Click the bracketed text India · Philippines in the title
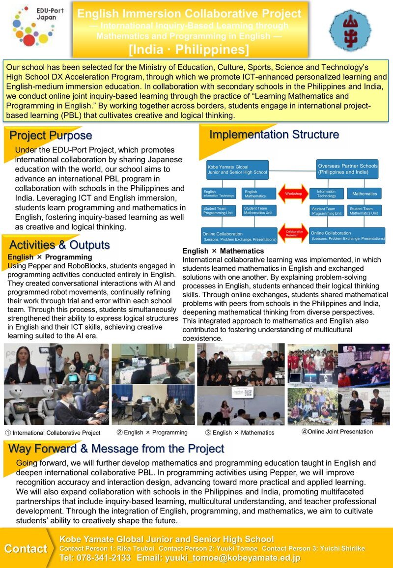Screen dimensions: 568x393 point(189,50)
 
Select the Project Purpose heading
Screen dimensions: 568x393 point(51,135)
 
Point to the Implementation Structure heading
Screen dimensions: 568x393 point(274,134)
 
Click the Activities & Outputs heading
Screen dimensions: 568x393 point(59,245)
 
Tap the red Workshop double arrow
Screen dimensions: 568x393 point(293,194)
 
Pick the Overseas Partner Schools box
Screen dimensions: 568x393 point(348,169)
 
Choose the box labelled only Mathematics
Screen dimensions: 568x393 point(364,194)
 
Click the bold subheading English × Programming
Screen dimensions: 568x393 point(50,257)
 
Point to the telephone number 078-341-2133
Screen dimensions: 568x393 point(95,558)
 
